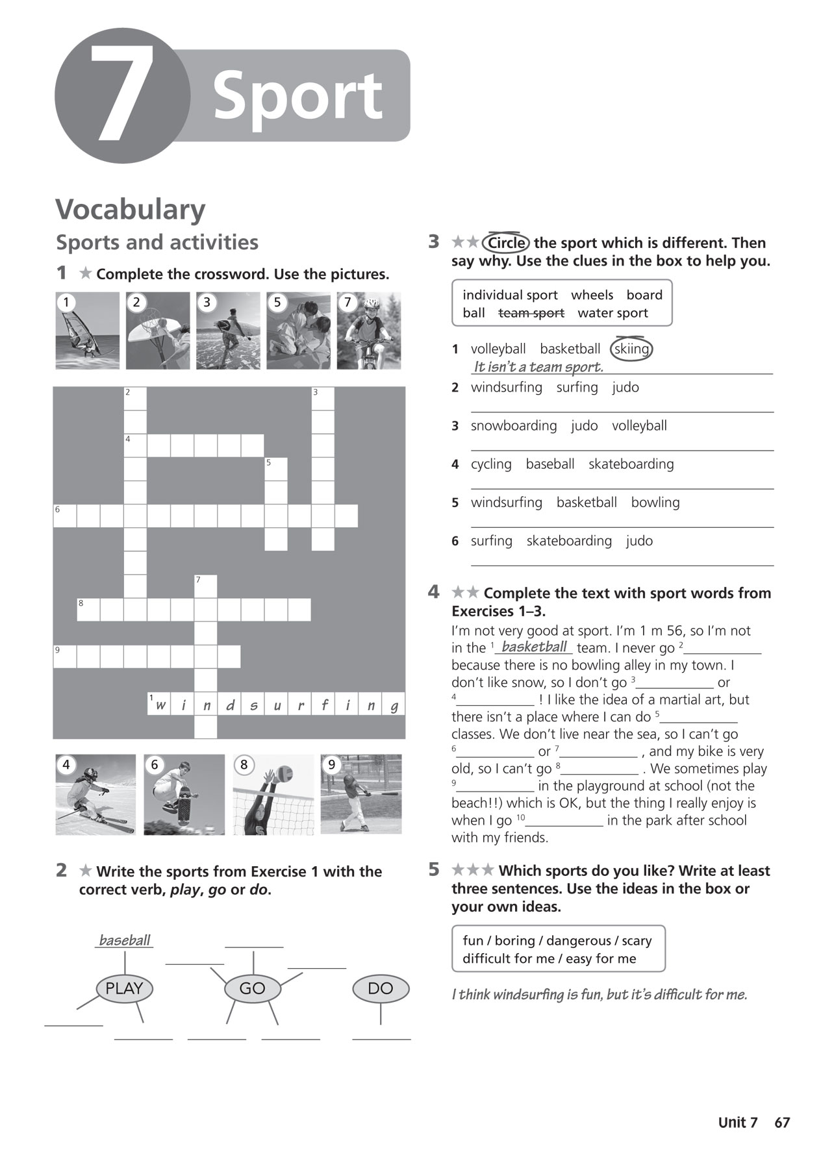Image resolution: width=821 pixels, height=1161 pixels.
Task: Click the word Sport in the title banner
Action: pyautogui.click(x=297, y=96)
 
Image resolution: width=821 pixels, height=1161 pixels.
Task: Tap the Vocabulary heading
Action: pyautogui.click(x=130, y=210)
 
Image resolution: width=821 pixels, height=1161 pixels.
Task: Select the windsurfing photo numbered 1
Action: pyautogui.click(x=88, y=331)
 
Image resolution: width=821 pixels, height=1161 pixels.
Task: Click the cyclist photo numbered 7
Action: pyautogui.click(x=368, y=331)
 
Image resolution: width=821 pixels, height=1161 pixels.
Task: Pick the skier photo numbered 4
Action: pyautogui.click(x=95, y=794)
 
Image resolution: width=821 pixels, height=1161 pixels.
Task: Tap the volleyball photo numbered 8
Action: pyautogui.click(x=273, y=794)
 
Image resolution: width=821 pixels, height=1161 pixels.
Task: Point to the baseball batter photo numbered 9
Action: pyautogui.click(x=361, y=794)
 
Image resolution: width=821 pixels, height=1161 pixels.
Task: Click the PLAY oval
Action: pyautogui.click(x=124, y=988)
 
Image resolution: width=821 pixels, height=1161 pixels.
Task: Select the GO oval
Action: pyautogui.click(x=252, y=988)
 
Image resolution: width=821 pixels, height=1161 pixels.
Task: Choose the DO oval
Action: pyautogui.click(x=381, y=988)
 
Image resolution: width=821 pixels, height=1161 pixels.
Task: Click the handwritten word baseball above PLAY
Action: pyautogui.click(x=124, y=940)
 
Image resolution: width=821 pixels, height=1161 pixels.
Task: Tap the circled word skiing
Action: pyautogui.click(x=631, y=349)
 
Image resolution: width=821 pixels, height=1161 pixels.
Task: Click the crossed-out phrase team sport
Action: pyautogui.click(x=531, y=313)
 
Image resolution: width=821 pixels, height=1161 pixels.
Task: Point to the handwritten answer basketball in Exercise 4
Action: pyautogui.click(x=534, y=647)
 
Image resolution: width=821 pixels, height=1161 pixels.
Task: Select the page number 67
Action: pyautogui.click(x=782, y=1123)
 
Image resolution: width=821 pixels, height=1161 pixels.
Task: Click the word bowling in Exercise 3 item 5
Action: pyautogui.click(x=655, y=503)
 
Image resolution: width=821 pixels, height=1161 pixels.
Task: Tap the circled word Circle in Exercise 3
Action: pyautogui.click(x=506, y=243)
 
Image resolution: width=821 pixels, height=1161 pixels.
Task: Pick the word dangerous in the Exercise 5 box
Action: pyautogui.click(x=579, y=941)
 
